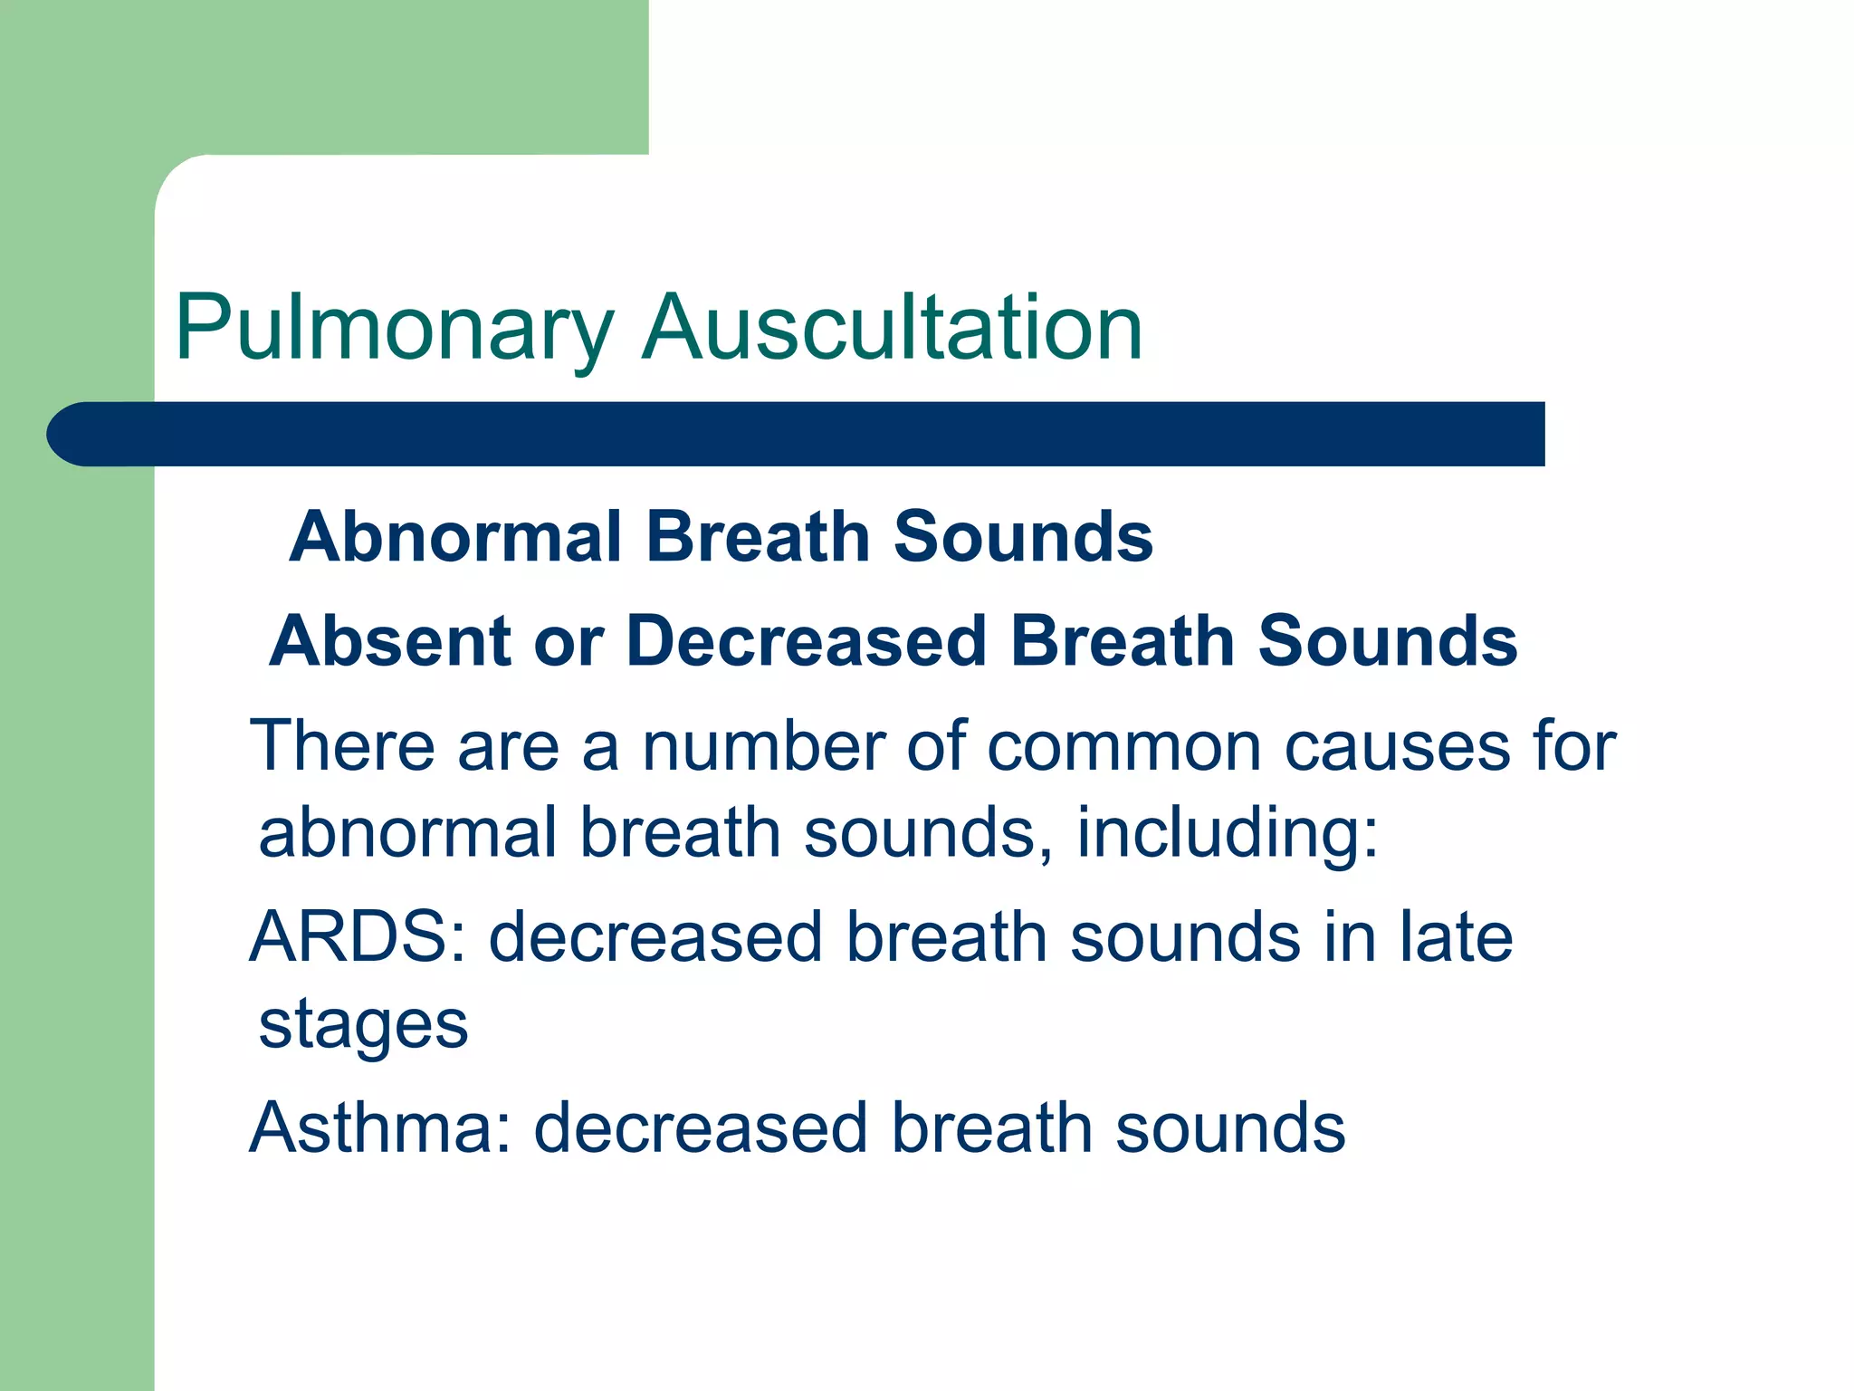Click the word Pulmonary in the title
(x=394, y=328)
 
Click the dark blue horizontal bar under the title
(x=797, y=434)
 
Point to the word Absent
(x=390, y=641)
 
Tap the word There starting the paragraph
(x=341, y=746)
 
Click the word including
(x=1226, y=833)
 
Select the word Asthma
(x=380, y=1128)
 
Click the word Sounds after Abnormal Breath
(x=1023, y=537)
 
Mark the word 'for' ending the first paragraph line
(x=1573, y=746)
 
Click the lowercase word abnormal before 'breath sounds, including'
(x=407, y=833)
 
